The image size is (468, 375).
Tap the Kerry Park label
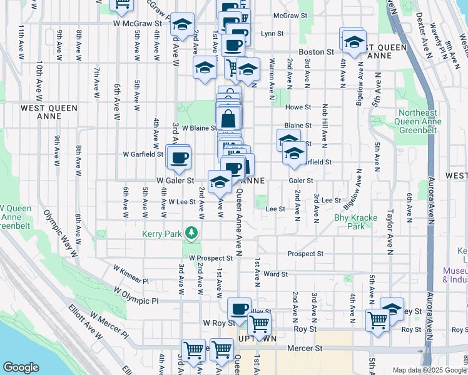pos(164,234)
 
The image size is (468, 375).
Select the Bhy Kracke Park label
pos(355,222)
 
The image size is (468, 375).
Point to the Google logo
pos(21,367)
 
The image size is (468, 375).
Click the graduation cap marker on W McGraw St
pos(182,26)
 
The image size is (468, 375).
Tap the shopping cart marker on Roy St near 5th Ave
pos(378,319)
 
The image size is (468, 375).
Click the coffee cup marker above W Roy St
pos(239,309)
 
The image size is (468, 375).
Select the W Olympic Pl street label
pos(137,296)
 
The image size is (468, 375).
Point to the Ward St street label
pos(275,274)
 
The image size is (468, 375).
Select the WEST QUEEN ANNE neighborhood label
pos(49,112)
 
